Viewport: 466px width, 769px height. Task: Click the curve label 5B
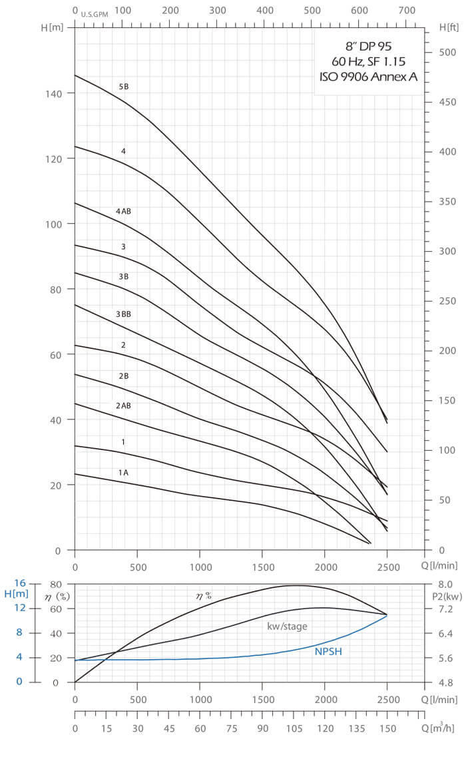(124, 87)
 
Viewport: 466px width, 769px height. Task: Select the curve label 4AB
(123, 212)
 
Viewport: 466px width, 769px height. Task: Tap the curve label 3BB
(123, 314)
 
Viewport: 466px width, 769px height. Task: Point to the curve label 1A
(123, 473)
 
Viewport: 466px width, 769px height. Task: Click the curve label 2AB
(123, 405)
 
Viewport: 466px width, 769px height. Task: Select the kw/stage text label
(287, 627)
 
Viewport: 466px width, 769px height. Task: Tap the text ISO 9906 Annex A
(368, 77)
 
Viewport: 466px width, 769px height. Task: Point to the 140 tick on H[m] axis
(54, 94)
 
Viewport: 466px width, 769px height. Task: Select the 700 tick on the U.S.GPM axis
(407, 11)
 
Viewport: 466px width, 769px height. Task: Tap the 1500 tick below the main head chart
(262, 567)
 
